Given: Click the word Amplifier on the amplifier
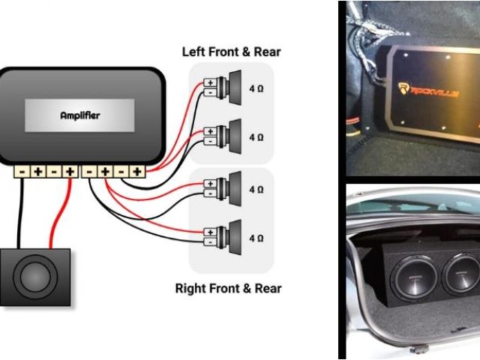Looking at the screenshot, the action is (80, 116).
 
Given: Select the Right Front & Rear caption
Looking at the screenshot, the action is (228, 288).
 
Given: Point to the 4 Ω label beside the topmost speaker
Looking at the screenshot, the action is (256, 88).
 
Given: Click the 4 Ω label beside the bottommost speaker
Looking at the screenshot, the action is (256, 238).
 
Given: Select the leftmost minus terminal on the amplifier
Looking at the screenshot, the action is (21, 172).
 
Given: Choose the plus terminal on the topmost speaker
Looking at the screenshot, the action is (211, 82).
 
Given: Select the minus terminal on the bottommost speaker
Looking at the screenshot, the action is (211, 243).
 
